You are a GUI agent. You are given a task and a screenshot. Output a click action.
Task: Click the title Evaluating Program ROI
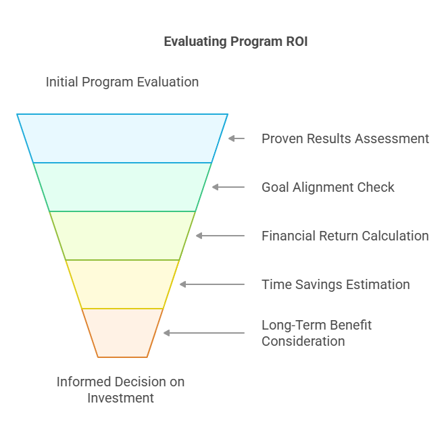pyautogui.click(x=236, y=42)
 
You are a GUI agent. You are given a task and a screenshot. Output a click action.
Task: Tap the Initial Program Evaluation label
pyautogui.click(x=122, y=82)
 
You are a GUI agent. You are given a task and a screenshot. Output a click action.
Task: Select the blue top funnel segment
pyautogui.click(x=122, y=138)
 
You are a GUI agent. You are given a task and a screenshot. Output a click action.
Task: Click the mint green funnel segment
pyautogui.click(x=122, y=187)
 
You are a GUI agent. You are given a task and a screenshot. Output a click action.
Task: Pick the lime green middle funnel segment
pyautogui.click(x=122, y=236)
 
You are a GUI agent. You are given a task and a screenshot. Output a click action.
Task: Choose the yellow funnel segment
pyautogui.click(x=122, y=284)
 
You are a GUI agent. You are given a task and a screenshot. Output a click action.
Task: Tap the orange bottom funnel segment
pyautogui.click(x=122, y=333)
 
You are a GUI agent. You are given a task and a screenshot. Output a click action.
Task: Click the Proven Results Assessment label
pyautogui.click(x=345, y=139)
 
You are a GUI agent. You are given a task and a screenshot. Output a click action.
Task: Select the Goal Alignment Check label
pyautogui.click(x=328, y=187)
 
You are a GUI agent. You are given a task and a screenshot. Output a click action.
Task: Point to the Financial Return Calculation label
pyautogui.click(x=345, y=236)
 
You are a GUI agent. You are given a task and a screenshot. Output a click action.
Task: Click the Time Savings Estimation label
pyautogui.click(x=336, y=284)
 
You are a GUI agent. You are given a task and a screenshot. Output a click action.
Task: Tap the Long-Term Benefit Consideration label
pyautogui.click(x=316, y=333)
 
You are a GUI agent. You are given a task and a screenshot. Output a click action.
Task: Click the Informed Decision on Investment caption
pyautogui.click(x=120, y=390)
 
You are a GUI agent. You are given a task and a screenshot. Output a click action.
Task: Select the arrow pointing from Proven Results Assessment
pyautogui.click(x=237, y=138)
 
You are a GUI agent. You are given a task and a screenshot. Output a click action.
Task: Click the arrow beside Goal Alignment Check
pyautogui.click(x=228, y=187)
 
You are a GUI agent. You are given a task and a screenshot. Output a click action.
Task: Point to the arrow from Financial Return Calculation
pyautogui.click(x=220, y=236)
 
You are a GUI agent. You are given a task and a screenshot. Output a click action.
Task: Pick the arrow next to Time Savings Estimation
pyautogui.click(x=212, y=284)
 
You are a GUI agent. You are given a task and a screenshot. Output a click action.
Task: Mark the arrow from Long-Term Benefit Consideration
pyautogui.click(x=204, y=333)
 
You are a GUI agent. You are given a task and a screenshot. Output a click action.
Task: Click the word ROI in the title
pyautogui.click(x=297, y=42)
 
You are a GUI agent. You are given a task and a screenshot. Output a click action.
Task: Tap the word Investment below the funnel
pyautogui.click(x=120, y=398)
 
